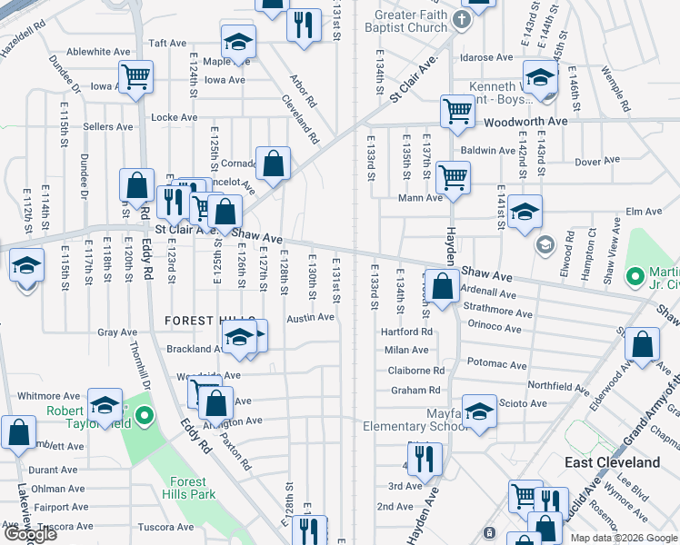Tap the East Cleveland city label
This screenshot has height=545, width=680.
coord(612,462)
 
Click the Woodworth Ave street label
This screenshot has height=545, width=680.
coord(525,121)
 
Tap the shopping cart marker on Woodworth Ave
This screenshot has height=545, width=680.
coord(457,111)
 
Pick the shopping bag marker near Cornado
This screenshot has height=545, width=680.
coord(273,164)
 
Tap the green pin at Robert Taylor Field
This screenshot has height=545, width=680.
coord(144,419)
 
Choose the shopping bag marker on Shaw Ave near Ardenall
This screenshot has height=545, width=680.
coord(443,288)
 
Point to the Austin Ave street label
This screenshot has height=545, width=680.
coord(311,318)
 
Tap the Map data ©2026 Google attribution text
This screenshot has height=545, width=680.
coord(624,538)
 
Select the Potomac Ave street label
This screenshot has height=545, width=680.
coord(496,365)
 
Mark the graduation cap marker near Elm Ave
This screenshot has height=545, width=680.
coord(525,213)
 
